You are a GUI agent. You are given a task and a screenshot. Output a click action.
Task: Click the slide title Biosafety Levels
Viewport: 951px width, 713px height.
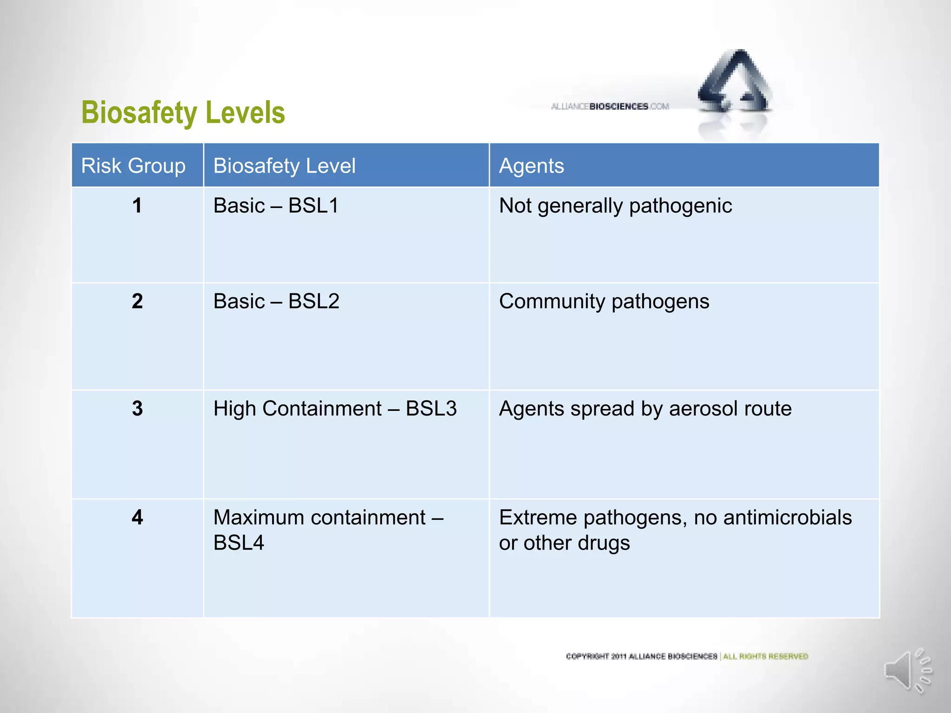(183, 113)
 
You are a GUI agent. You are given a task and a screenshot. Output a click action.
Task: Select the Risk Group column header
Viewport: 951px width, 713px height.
(133, 166)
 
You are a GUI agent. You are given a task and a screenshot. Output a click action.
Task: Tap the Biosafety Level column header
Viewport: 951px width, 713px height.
(284, 166)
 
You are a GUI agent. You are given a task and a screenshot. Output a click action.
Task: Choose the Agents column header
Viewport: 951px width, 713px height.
(531, 166)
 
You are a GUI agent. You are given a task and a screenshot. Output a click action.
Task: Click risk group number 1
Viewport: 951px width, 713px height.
(137, 206)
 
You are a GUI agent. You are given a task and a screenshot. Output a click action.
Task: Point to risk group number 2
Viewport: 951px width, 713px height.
(137, 301)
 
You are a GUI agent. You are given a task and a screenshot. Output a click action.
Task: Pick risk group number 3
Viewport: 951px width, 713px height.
(137, 408)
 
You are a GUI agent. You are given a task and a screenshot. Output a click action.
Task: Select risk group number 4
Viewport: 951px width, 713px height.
(137, 517)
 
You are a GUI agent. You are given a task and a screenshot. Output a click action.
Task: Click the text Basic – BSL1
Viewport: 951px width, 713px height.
(276, 206)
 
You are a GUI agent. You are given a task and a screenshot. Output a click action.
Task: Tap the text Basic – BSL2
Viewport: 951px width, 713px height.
(276, 301)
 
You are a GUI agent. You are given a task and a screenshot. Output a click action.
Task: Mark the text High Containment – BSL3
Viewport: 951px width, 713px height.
(335, 408)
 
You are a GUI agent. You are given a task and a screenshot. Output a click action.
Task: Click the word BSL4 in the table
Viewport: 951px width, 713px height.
(238, 543)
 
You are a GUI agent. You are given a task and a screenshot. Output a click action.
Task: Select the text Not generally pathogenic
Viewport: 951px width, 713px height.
(615, 206)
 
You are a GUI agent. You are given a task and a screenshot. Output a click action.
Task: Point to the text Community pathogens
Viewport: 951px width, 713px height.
(604, 301)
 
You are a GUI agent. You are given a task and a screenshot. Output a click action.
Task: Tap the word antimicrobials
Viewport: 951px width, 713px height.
(788, 517)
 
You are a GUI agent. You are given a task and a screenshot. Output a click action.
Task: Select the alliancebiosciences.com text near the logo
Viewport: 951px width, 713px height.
(610, 106)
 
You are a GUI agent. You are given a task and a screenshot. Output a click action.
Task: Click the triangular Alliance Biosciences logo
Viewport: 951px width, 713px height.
(735, 84)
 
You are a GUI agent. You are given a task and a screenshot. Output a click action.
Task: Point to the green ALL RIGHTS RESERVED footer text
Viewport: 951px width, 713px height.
(765, 656)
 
